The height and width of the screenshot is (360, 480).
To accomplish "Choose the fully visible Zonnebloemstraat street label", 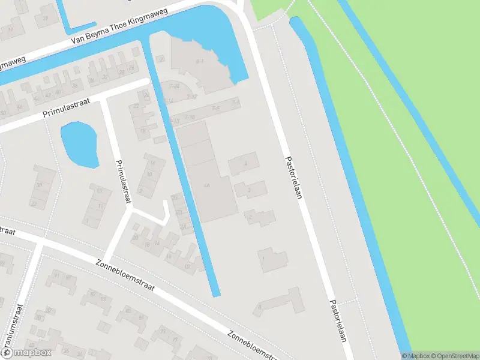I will (x=125, y=275).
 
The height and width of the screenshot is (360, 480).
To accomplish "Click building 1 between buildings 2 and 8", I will (x=272, y=260).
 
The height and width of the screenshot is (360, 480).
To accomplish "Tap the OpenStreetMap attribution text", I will (x=454, y=356).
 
